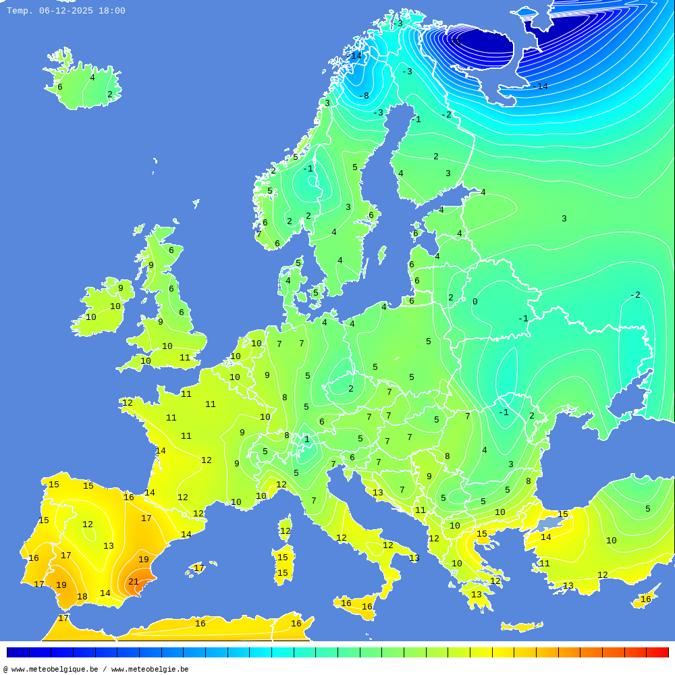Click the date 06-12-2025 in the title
[x=66, y=11]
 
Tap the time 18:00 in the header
[x=112, y=11]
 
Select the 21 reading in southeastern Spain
[x=134, y=582]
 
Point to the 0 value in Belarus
[x=475, y=302]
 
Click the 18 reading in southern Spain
[x=82, y=597]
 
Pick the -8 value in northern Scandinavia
[x=364, y=96]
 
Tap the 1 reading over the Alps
[x=306, y=439]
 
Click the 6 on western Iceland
[x=59, y=87]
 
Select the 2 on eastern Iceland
[x=109, y=94]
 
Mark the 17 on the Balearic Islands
[x=199, y=568]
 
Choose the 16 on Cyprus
[x=646, y=599]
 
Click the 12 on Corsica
[x=285, y=531]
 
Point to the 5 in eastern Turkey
[x=647, y=509]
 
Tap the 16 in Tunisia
[x=296, y=624]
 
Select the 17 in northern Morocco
[x=63, y=618]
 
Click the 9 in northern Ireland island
[x=121, y=288]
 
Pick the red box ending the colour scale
[x=657, y=652]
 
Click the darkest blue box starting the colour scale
[x=18, y=652]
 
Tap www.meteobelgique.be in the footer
[x=55, y=670]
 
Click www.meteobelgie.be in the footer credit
[x=150, y=670]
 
